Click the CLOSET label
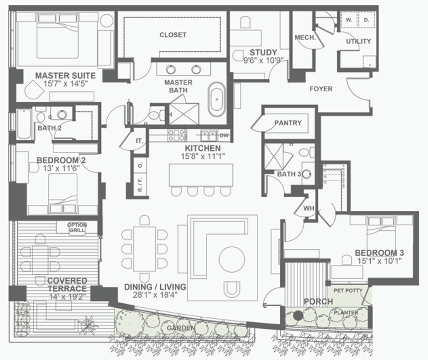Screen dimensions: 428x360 pos(173,35)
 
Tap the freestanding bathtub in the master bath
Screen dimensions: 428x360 pos(217,99)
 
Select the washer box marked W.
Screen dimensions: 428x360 pos(349,20)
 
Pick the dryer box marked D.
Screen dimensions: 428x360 pos(366,20)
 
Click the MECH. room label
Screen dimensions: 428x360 pos(305,38)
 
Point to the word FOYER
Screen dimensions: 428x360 pos(321,89)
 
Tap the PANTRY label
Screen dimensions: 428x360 pos(288,123)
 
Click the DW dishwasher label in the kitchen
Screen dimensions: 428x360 pos(224,135)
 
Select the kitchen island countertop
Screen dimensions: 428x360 pos(201,175)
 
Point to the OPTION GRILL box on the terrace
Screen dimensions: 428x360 pos(77,227)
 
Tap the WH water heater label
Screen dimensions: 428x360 pos(309,208)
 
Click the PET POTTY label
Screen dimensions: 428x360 pos(348,291)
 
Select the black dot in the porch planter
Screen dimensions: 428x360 pos(298,315)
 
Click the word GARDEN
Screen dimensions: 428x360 pos(181,328)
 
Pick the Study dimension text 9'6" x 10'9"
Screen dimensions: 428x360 pos(263,60)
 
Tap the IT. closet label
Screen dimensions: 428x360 pos(139,141)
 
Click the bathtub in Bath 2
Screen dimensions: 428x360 pos(24,124)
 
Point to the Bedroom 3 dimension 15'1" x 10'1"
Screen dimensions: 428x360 pos(380,261)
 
